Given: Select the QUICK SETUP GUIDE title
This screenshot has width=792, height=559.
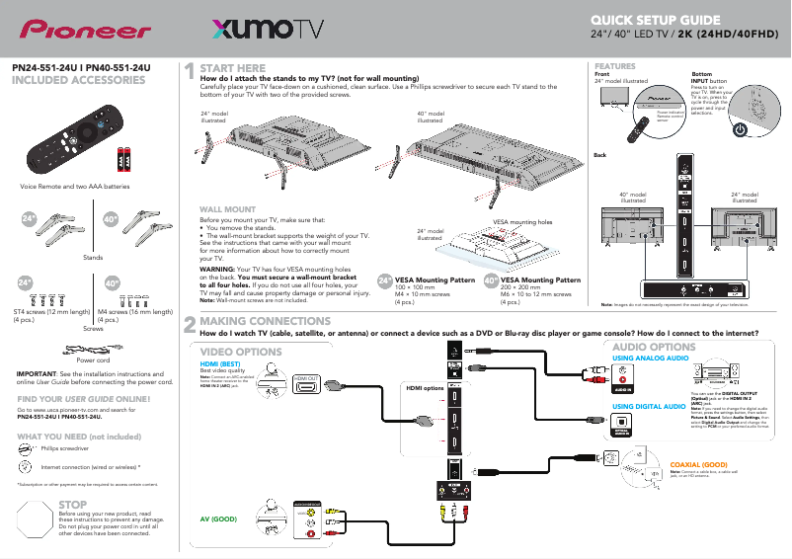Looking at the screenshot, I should click(662, 20).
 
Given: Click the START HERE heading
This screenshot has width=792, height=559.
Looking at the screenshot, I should click(233, 68).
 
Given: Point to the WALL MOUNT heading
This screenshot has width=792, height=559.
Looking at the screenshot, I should click(228, 209).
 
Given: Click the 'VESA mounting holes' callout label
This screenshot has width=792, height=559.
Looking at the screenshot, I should click(522, 222).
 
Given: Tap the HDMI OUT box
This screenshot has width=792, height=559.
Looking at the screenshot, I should click(305, 379).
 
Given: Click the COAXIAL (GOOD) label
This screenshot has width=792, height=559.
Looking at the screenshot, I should click(698, 463).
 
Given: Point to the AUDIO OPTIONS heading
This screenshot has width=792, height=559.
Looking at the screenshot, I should click(654, 348).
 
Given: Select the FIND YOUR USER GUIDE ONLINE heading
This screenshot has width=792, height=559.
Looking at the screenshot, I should click(84, 399).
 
